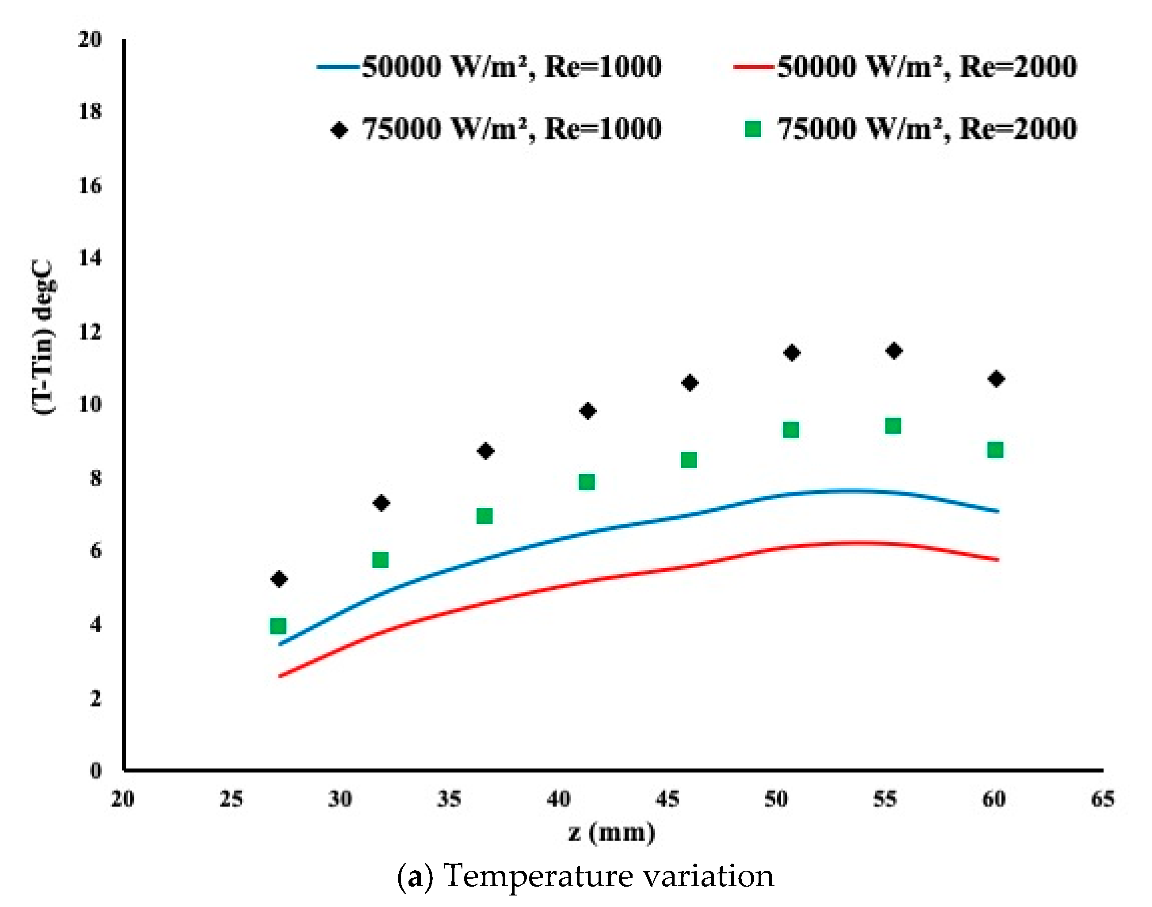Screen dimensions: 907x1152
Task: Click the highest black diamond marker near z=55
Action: [x=894, y=350]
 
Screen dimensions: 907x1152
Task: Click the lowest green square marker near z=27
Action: [x=278, y=626]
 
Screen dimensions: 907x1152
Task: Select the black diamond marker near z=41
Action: [x=587, y=411]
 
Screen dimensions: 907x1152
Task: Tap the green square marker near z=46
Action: [x=689, y=460]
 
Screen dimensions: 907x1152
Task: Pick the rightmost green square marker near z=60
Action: [x=996, y=450]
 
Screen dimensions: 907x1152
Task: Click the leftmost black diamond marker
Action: [x=279, y=579]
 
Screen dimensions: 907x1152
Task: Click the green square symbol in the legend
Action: [x=753, y=129]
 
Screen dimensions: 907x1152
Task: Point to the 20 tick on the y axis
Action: [x=90, y=39]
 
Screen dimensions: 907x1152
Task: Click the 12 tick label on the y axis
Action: [x=90, y=332]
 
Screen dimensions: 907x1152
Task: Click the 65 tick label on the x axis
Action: [x=1102, y=799]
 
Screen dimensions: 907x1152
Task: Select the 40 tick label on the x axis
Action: [x=558, y=799]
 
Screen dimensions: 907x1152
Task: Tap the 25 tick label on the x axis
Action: [x=231, y=799]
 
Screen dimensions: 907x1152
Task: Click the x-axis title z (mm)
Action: [x=612, y=832]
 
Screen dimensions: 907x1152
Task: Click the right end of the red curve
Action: [x=998, y=560]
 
